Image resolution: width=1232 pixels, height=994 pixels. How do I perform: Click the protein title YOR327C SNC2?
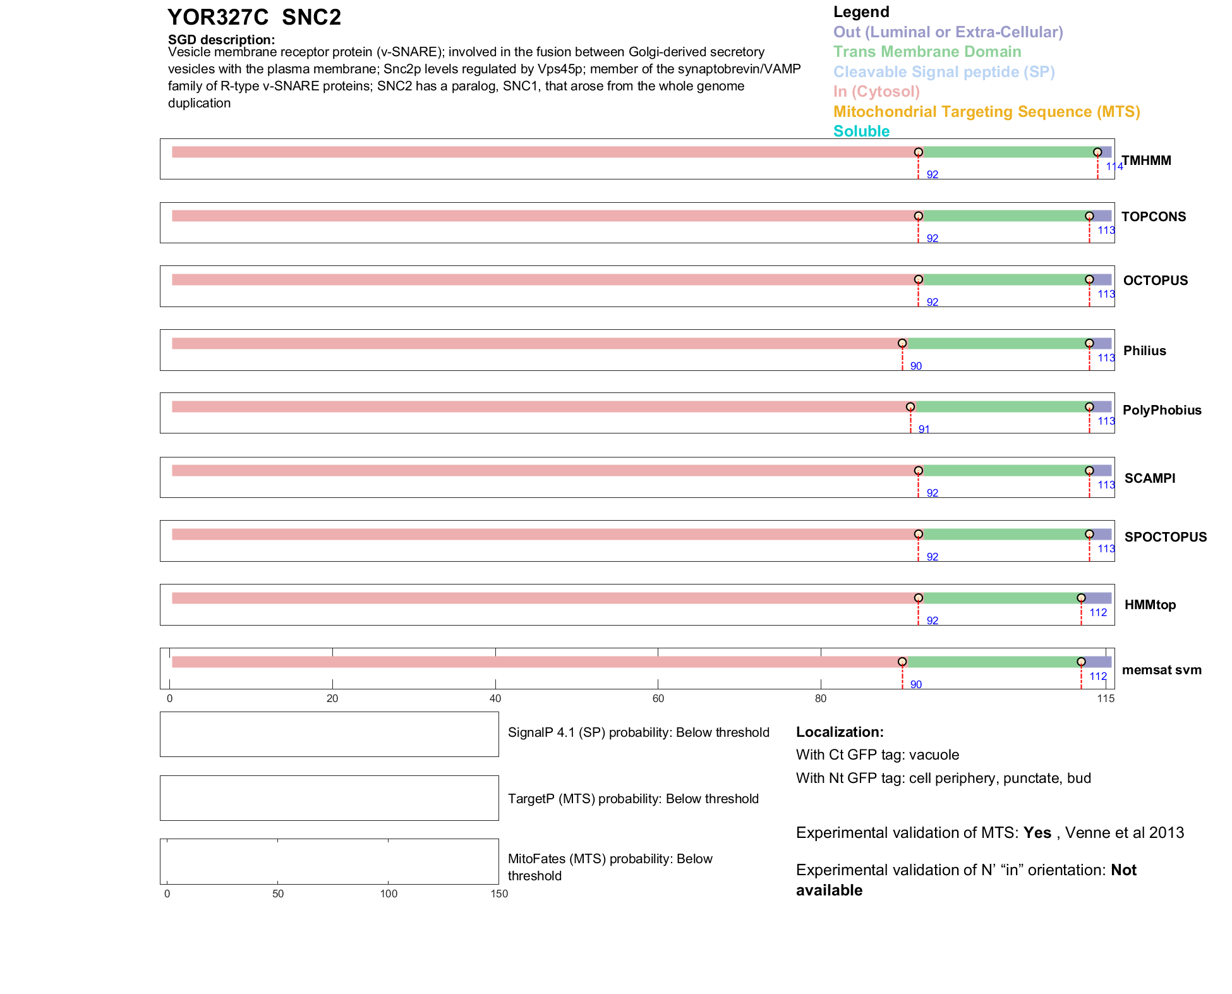pos(254,18)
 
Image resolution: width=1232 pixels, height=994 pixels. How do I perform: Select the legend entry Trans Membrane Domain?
pos(927,52)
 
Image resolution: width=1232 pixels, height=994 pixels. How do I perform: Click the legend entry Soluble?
pos(861,131)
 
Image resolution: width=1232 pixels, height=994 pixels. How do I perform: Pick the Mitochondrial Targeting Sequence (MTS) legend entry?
pos(986,112)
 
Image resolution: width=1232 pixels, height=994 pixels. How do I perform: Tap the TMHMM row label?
pos(1146,161)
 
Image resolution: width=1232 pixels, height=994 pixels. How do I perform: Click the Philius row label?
pos(1144,351)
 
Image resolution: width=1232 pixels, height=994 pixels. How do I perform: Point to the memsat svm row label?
pos(1161,670)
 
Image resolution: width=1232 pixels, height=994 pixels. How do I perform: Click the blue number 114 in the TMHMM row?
pos(1114,167)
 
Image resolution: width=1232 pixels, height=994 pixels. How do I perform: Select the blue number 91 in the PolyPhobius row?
pos(924,430)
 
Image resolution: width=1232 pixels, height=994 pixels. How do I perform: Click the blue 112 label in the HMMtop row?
pos(1098,612)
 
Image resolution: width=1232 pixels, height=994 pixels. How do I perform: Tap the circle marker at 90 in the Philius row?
pos(902,343)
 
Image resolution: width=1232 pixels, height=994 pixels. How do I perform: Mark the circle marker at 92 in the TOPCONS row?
pos(919,216)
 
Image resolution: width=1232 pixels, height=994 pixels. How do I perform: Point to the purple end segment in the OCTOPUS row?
pos(1102,280)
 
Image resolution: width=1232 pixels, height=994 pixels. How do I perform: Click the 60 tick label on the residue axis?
pos(658,698)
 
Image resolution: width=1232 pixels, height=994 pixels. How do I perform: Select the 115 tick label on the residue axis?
pos(1106,698)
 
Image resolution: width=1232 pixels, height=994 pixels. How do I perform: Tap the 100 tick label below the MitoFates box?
pos(389,894)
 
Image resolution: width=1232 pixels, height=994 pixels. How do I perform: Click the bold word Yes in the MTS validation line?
pos(1037,833)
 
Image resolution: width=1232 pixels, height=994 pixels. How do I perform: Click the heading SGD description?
pos(221,40)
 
